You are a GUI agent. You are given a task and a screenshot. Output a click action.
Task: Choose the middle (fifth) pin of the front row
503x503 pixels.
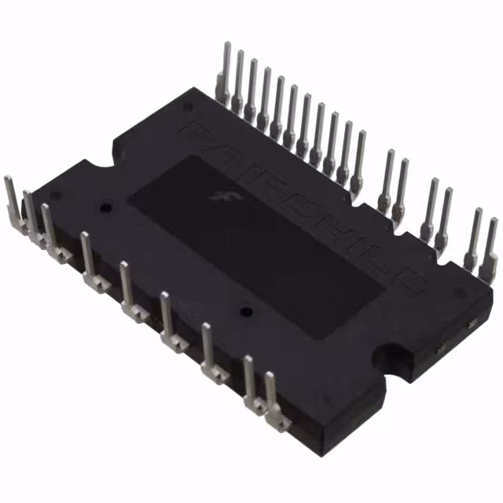coord(127,286)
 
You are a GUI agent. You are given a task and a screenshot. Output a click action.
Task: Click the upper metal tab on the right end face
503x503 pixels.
coord(472,325)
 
